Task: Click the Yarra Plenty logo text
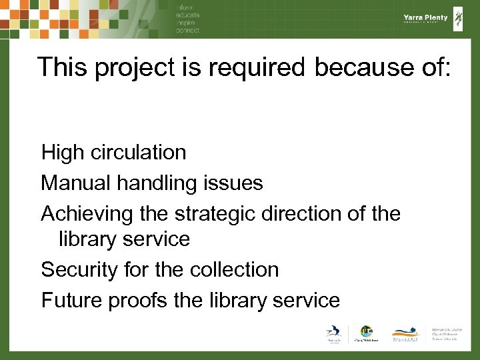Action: (x=425, y=18)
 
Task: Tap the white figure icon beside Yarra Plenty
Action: (x=458, y=19)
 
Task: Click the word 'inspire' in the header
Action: (x=187, y=23)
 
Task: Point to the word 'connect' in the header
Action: (x=188, y=31)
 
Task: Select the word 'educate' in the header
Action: (x=187, y=15)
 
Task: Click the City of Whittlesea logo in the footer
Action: (x=365, y=333)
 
